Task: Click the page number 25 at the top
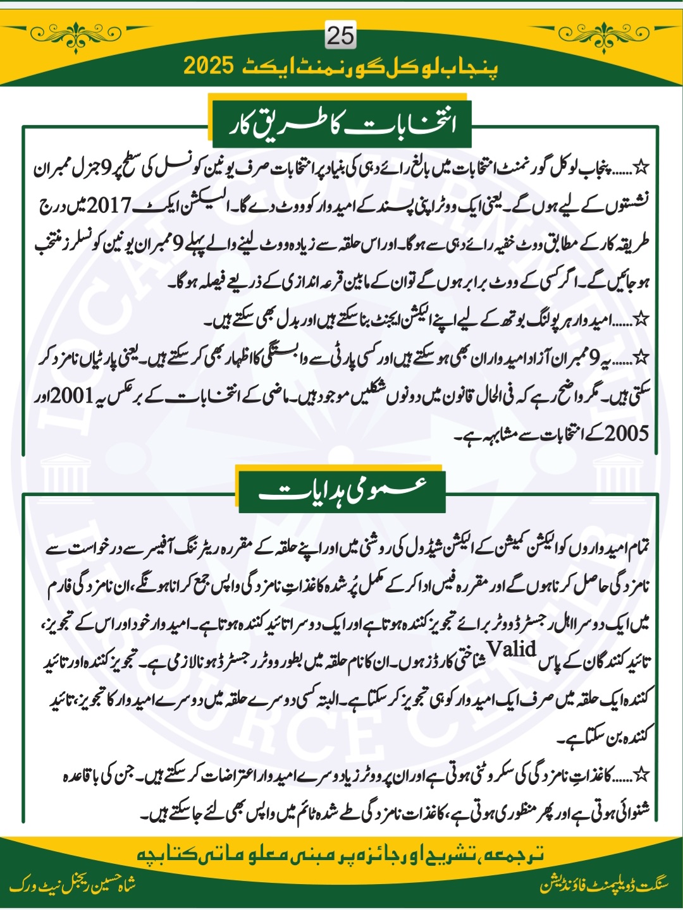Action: (340, 35)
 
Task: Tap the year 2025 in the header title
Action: (209, 65)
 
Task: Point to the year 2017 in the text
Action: (108, 205)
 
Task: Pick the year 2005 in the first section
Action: (626, 434)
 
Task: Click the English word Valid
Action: (512, 649)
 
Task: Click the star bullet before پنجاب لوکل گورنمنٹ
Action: (642, 168)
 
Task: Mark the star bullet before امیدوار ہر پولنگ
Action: (642, 320)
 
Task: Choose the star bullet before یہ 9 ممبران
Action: (642, 358)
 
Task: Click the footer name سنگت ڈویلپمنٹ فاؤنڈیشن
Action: (604, 885)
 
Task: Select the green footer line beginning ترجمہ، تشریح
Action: (341, 854)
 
